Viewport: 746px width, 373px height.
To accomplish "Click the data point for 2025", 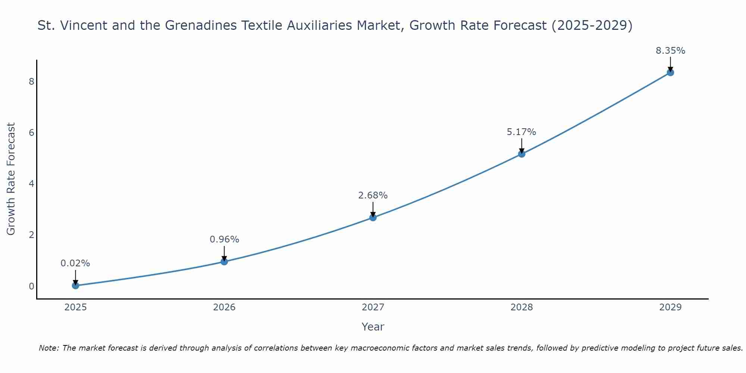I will (75, 286).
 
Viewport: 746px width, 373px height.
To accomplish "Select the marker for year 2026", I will (224, 261).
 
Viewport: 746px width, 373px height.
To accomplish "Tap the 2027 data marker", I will (373, 217).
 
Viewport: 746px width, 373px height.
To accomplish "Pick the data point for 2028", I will (521, 154).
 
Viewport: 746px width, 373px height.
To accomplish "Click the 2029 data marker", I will (670, 72).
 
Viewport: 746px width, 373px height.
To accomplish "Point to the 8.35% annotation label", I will (670, 51).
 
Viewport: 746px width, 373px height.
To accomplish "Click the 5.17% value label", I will (521, 132).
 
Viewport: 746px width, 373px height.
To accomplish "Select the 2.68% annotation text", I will (373, 195).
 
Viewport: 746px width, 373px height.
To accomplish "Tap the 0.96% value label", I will (224, 239).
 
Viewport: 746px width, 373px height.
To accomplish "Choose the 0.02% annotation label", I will (75, 263).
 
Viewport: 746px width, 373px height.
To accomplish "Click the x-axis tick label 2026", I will (224, 307).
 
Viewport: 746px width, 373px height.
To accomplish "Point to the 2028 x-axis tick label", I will (521, 307).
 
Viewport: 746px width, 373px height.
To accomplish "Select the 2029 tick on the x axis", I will (670, 307).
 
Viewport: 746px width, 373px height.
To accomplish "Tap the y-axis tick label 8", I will (31, 81).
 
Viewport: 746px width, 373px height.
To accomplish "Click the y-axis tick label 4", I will (31, 184).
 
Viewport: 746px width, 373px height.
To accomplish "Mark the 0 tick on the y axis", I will (31, 286).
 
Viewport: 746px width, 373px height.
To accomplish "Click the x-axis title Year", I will (373, 327).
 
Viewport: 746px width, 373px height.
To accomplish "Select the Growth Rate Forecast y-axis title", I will (11, 179).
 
